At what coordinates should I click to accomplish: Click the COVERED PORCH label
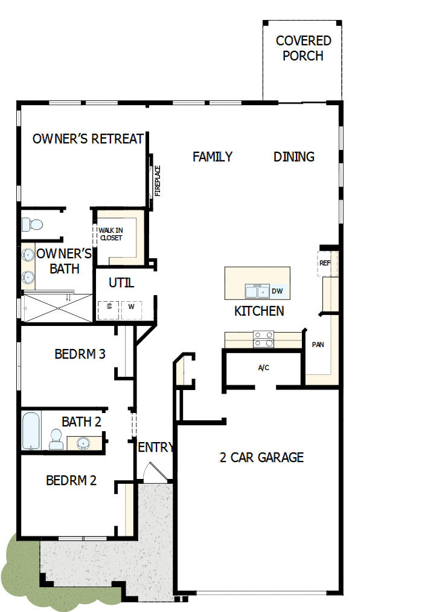click(x=303, y=48)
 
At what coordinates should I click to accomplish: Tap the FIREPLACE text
click(x=158, y=181)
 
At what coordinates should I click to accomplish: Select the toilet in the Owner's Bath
click(x=32, y=224)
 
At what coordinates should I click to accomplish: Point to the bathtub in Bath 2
click(x=31, y=430)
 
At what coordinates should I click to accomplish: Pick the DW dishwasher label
click(x=277, y=291)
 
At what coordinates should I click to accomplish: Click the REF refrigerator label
click(x=325, y=263)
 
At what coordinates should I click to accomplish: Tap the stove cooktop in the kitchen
click(x=263, y=339)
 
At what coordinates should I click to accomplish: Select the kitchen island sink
click(x=257, y=291)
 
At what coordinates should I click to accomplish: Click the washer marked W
click(x=131, y=307)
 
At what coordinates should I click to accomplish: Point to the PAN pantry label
click(x=318, y=345)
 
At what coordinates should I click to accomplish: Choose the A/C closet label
click(x=263, y=367)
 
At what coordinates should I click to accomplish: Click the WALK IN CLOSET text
click(x=110, y=234)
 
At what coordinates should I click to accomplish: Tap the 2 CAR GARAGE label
click(x=261, y=457)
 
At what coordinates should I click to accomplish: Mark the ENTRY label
click(x=156, y=448)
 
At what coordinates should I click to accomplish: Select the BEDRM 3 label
click(x=80, y=354)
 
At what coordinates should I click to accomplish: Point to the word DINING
click(x=294, y=157)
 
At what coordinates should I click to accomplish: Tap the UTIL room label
click(x=121, y=282)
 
